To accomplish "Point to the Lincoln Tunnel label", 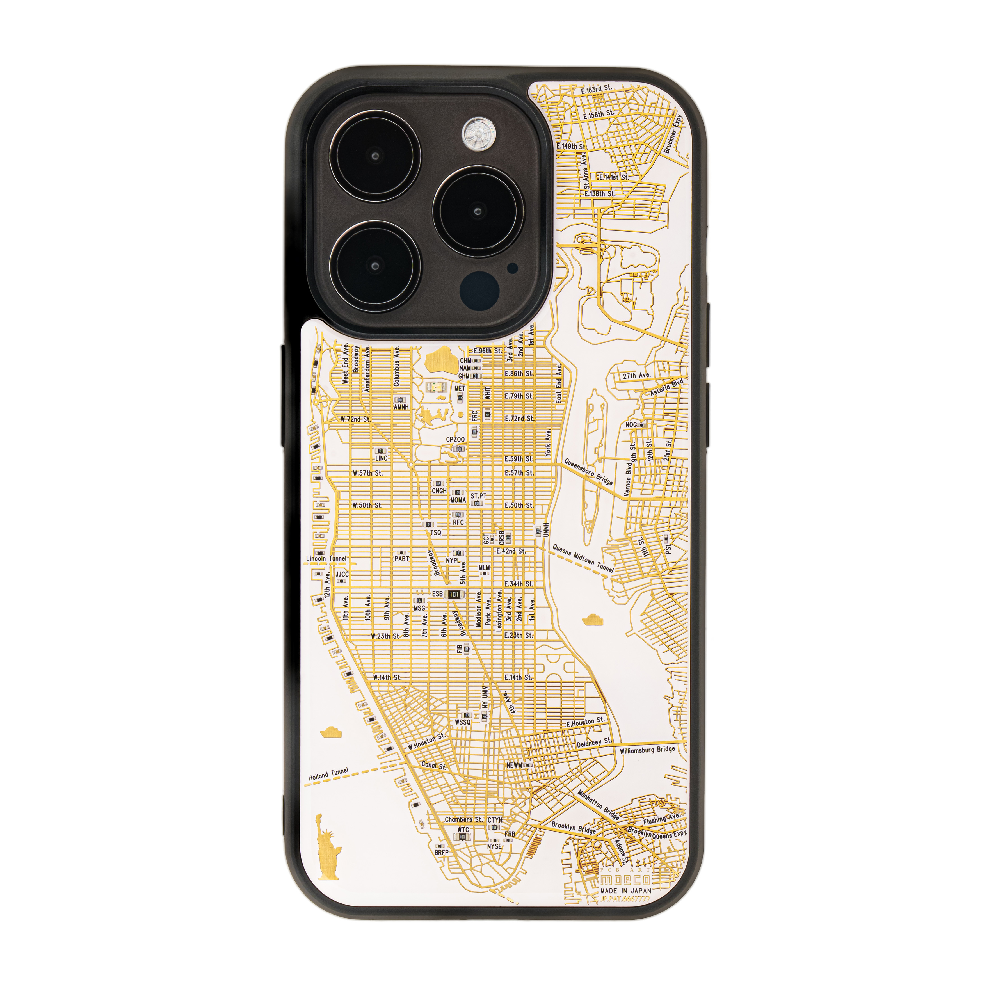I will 326,558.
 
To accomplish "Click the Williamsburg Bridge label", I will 647,750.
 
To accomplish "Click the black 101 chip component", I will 454,594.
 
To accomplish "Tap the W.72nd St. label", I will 356,419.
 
